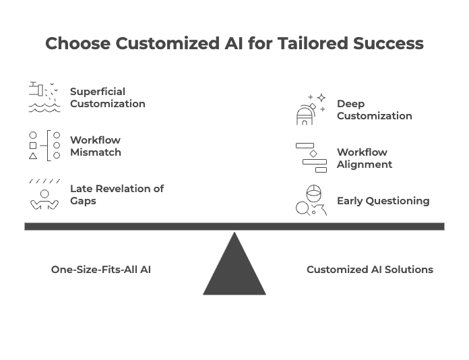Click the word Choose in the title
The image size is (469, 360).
[x=77, y=44]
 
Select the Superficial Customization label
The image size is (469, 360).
[x=107, y=98]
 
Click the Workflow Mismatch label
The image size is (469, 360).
[x=96, y=146]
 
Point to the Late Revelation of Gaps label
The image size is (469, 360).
[x=117, y=195]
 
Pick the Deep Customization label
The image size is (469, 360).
[x=374, y=110]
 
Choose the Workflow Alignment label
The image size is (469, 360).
[x=364, y=158]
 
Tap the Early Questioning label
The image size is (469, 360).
[x=383, y=201]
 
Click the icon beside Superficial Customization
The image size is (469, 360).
[x=44, y=97]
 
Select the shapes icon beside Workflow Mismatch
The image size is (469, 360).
[x=44, y=146]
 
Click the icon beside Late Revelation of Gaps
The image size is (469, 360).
[x=44, y=195]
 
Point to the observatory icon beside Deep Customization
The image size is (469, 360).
[x=311, y=110]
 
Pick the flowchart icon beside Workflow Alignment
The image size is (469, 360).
[x=311, y=158]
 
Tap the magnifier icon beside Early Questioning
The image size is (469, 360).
[x=311, y=200]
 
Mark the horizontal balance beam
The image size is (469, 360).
[x=234, y=227]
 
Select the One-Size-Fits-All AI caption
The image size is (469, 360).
[x=101, y=270]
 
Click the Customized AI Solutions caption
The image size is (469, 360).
[x=369, y=270]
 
